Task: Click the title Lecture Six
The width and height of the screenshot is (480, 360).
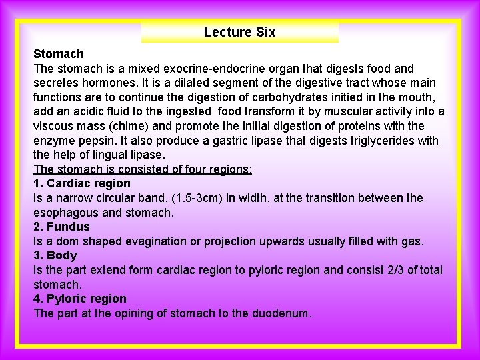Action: (x=239, y=32)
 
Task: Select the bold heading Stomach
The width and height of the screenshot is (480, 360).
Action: (x=59, y=54)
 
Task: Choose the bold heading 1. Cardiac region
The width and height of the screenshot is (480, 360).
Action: (x=82, y=183)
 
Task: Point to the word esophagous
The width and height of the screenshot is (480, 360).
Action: (x=65, y=213)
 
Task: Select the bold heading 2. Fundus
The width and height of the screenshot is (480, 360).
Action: (x=61, y=227)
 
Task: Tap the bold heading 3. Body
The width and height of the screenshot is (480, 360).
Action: (x=55, y=255)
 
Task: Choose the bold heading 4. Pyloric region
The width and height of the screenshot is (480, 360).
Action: (x=80, y=299)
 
